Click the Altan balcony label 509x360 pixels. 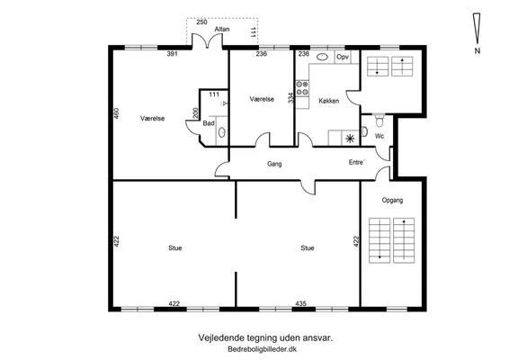point(222,29)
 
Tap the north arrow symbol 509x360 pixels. point(477,28)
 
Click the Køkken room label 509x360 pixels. point(329,101)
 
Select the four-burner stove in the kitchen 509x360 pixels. point(302,88)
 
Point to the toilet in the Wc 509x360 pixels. point(379,121)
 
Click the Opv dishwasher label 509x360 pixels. point(343,58)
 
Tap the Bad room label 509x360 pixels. point(209,123)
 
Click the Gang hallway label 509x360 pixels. point(274,164)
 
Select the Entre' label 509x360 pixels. point(356,162)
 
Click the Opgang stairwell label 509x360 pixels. point(392,200)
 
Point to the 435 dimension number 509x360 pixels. point(300,303)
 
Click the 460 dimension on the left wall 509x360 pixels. point(117,113)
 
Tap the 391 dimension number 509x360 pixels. point(173,54)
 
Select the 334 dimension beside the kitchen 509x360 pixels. point(290,98)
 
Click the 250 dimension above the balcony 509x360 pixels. point(201,22)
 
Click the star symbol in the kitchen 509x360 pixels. point(350,139)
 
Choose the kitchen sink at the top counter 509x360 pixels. point(322,57)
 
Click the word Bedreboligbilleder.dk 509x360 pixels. point(263,349)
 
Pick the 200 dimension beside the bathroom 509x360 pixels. point(195,113)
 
